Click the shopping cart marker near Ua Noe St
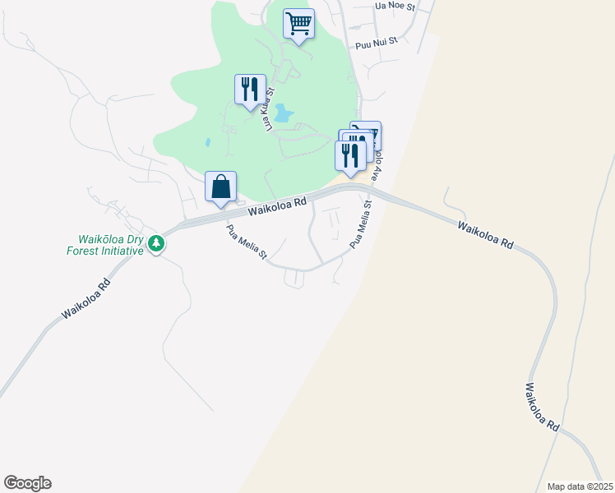(x=299, y=24)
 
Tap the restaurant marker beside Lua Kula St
(x=250, y=90)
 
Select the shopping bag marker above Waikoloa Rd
(x=220, y=187)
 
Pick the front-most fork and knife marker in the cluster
(x=350, y=156)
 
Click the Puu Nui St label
(x=377, y=40)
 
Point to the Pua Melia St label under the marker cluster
(x=361, y=223)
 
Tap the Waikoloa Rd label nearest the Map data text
(x=542, y=408)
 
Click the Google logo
(x=27, y=483)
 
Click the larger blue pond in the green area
(x=282, y=113)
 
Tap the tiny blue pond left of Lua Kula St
(x=206, y=142)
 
